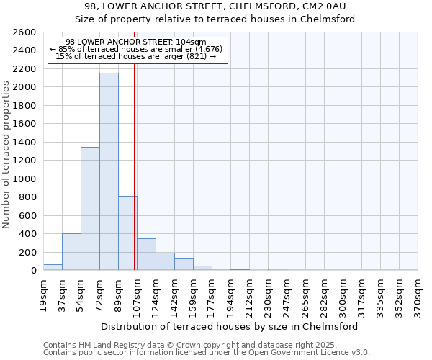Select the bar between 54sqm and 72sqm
point(90,209)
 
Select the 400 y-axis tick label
point(28,234)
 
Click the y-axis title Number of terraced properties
point(7,155)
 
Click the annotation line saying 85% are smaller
point(136,49)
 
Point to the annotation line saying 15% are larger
point(136,56)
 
